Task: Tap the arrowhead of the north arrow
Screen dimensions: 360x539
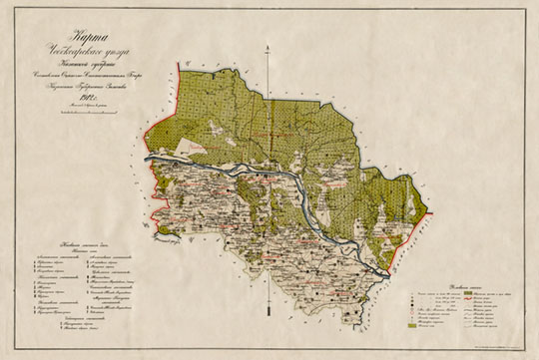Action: [267, 51]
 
